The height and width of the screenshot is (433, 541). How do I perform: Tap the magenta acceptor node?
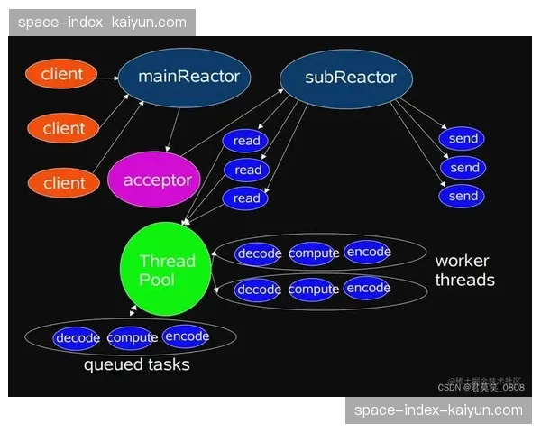click(157, 180)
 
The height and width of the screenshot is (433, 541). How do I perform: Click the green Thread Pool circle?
click(166, 270)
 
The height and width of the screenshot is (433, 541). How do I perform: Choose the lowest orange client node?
click(62, 183)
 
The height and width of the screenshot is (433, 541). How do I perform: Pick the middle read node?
click(248, 170)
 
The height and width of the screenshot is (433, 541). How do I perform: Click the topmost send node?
click(463, 139)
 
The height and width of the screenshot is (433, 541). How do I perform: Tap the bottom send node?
click(463, 196)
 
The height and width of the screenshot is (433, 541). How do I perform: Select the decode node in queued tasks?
click(78, 338)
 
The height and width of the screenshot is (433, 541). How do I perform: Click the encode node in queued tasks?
click(187, 336)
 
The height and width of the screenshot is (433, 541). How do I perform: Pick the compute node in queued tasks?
click(133, 338)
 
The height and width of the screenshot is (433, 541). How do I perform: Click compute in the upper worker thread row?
click(314, 253)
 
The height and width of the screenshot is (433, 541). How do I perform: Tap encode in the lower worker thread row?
click(368, 289)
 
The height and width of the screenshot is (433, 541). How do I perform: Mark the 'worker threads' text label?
click(464, 271)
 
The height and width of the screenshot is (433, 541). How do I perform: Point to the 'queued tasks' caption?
click(136, 365)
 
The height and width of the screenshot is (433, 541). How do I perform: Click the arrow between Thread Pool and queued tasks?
click(133, 310)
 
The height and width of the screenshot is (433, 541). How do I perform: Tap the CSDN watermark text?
click(481, 387)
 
